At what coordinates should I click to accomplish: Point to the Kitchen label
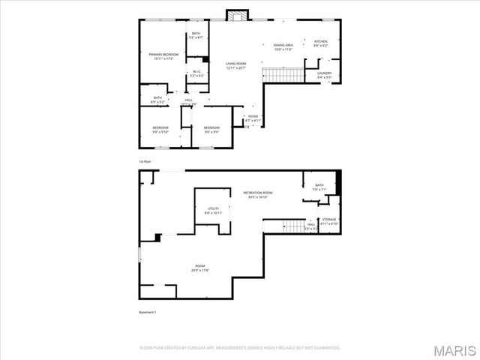click(320, 43)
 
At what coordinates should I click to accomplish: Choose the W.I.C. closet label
click(196, 73)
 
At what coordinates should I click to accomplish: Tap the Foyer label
click(253, 118)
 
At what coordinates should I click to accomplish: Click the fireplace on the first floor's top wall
click(238, 14)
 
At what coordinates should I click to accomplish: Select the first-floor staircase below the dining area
click(283, 75)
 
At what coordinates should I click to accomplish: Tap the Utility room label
click(214, 211)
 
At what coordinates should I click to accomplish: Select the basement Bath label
click(319, 187)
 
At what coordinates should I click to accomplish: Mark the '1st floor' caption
click(145, 161)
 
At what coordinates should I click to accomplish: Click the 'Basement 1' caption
click(148, 312)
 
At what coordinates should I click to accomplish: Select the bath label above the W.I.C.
click(196, 35)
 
